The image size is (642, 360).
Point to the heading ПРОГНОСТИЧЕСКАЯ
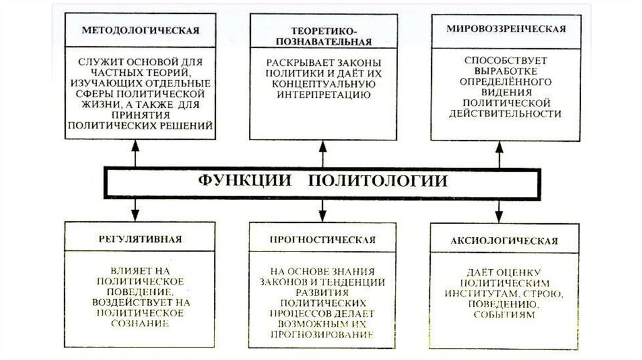click(x=322, y=239)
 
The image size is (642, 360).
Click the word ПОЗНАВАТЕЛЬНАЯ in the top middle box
click(x=322, y=42)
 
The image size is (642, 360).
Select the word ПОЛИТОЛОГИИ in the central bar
click(x=379, y=181)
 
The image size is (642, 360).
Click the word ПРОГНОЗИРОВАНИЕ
click(x=323, y=334)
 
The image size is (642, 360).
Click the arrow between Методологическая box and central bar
click(x=135, y=154)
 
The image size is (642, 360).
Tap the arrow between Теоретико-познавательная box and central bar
click(x=323, y=154)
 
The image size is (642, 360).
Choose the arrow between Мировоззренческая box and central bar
click(x=499, y=154)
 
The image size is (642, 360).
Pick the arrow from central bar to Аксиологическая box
click(x=499, y=208)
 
